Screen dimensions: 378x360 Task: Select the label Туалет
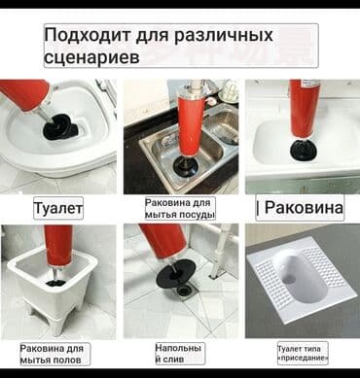[x=58, y=207]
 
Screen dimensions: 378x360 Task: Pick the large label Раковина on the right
[x=301, y=208]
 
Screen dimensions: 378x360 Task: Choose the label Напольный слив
[x=178, y=353]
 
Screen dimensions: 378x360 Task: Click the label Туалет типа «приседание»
[x=302, y=353]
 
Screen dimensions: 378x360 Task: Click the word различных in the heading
[x=223, y=37]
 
